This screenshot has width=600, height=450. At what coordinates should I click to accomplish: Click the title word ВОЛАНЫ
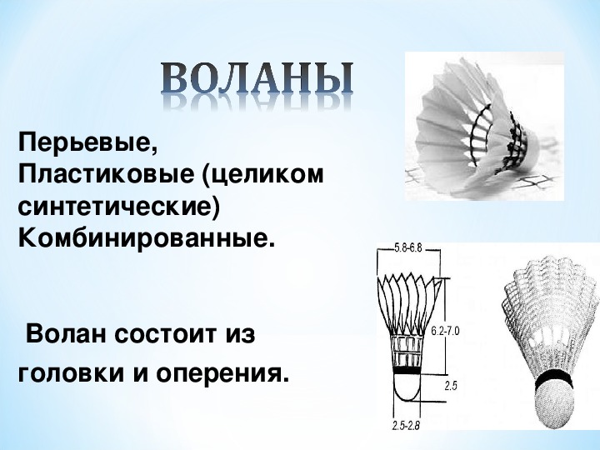[257, 77]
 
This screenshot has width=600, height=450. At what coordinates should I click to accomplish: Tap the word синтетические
[118, 207]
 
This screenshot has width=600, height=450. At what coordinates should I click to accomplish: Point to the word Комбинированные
[147, 239]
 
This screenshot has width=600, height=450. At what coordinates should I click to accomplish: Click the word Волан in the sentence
[66, 334]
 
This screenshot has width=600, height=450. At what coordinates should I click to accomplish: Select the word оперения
[222, 373]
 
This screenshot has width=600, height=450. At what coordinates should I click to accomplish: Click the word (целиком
[263, 175]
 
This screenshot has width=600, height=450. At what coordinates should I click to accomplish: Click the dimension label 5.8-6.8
[407, 248]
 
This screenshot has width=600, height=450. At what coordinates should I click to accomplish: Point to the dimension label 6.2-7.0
[445, 331]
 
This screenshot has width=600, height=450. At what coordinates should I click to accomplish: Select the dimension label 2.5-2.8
[406, 426]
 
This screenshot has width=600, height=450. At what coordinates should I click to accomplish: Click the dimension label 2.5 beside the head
[451, 386]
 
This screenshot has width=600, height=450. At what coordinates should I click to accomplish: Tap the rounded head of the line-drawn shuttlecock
[407, 387]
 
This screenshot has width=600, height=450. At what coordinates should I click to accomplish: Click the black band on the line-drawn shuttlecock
[407, 370]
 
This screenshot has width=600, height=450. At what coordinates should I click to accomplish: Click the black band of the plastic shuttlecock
[554, 379]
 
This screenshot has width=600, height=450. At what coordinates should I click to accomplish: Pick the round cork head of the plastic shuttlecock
[554, 405]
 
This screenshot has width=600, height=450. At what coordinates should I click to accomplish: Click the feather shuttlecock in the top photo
[478, 127]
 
